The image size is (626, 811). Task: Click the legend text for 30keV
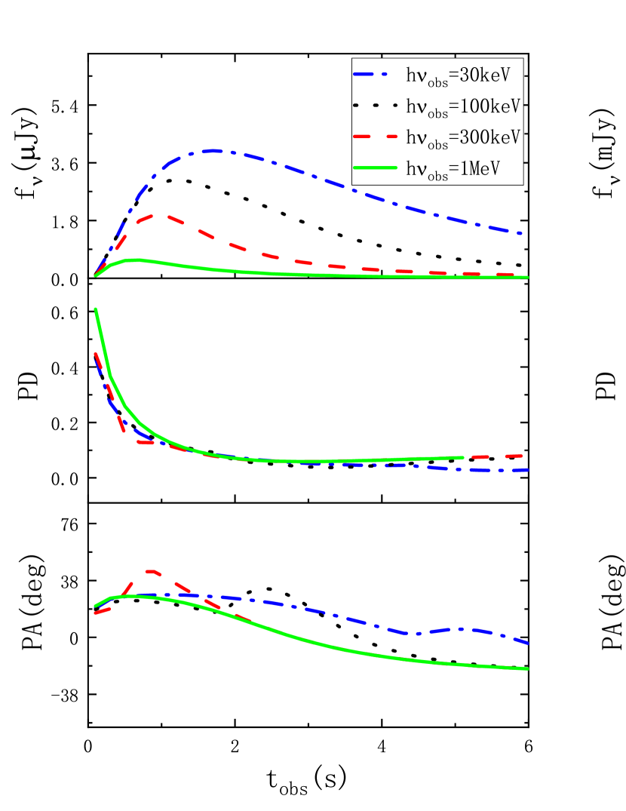coord(463,75)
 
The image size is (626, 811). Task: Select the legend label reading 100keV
coord(463,107)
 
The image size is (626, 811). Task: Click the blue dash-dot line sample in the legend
coord(376,75)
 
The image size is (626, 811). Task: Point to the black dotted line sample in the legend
coord(376,106)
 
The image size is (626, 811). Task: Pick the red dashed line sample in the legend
coord(376,137)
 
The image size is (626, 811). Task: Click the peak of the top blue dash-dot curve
coord(214,151)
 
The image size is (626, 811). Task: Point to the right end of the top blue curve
coord(527,235)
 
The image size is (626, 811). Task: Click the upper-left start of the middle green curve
coord(95,309)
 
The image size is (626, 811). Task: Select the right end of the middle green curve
coord(462,457)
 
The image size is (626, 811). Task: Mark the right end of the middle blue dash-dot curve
coord(527,470)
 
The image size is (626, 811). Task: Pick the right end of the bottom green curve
coord(528,668)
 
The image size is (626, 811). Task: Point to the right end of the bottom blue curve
coord(528,644)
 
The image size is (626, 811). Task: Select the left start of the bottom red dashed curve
coord(95,613)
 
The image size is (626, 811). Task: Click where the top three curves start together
coord(95,276)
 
